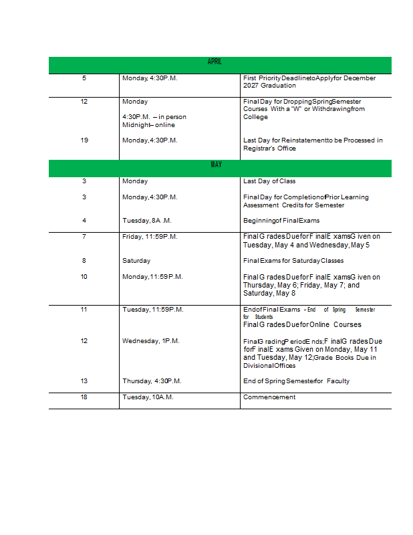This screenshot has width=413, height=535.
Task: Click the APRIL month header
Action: point(215,62)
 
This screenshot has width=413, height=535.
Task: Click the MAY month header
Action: point(216,165)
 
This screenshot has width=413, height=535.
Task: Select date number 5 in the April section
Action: point(84,78)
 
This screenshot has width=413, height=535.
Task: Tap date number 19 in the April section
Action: point(84,140)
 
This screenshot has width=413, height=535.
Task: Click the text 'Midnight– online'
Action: point(148,125)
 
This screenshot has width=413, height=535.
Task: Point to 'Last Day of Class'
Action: point(269,181)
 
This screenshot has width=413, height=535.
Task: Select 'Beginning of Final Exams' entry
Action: point(281,221)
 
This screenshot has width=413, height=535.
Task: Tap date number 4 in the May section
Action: point(84,221)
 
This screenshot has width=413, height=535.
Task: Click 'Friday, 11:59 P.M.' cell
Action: point(150,236)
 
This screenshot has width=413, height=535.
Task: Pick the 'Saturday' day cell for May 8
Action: point(136,261)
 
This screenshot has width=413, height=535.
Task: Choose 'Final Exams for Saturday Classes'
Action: point(293,261)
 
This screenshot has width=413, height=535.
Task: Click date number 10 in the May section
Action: point(84,277)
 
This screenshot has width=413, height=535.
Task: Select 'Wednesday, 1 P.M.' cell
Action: point(151,341)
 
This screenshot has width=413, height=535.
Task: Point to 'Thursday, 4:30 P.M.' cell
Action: point(152,381)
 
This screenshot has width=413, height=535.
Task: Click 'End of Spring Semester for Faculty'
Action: point(296,381)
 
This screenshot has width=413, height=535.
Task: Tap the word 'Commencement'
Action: point(269,397)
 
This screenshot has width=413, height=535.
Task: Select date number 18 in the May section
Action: point(84,397)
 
